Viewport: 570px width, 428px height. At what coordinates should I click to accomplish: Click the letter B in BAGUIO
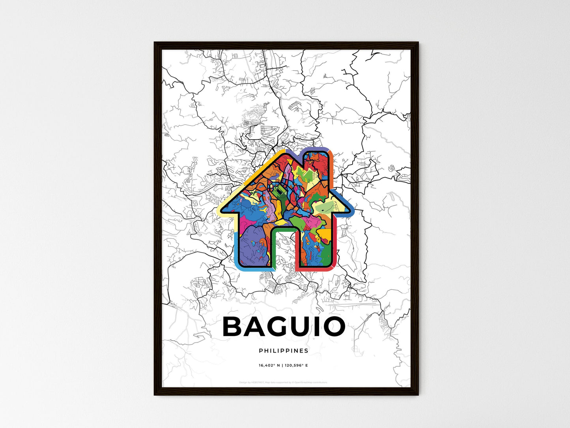pos(235,327)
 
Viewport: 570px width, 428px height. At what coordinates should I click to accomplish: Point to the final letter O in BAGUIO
pos(333,327)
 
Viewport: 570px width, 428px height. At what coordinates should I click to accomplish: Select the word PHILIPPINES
pos(284,351)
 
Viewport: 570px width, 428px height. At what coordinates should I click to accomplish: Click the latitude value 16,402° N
pos(269,366)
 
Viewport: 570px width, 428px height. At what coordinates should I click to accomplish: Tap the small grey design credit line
pos(283,382)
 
